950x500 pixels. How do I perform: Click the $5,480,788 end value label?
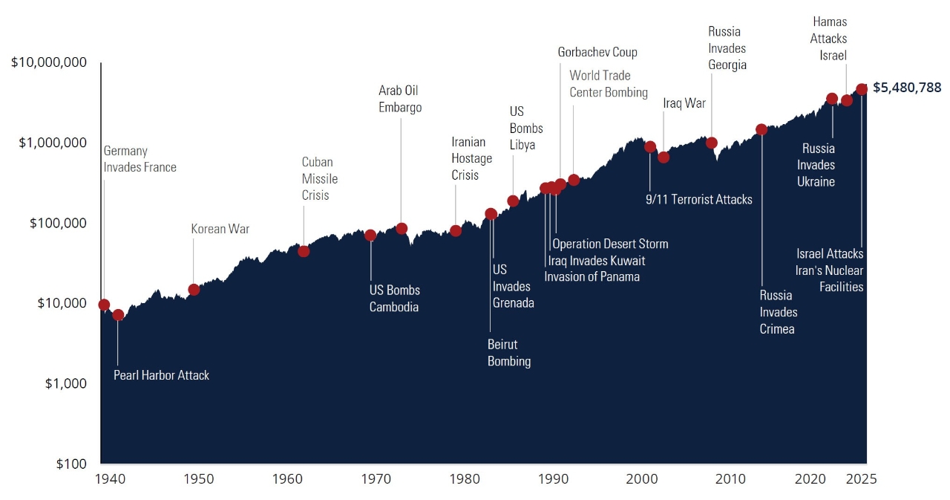(907, 88)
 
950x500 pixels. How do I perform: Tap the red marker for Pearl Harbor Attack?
(118, 315)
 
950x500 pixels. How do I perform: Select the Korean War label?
(220, 229)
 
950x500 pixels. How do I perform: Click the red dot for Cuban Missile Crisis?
(304, 251)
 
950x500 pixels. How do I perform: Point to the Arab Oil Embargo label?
(400, 99)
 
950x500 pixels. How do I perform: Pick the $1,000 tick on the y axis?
(65, 383)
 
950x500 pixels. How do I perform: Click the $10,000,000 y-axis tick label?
(49, 62)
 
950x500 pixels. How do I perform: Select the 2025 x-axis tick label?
(862, 479)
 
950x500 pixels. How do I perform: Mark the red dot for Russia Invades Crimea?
(761, 129)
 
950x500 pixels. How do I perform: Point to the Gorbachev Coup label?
(597, 52)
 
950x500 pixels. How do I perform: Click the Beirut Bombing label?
(509, 353)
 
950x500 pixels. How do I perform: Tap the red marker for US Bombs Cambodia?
(370, 236)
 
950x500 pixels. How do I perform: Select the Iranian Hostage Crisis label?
(472, 158)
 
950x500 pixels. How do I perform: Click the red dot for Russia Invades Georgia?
(711, 143)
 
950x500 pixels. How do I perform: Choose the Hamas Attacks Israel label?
(828, 39)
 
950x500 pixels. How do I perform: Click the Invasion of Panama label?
(592, 276)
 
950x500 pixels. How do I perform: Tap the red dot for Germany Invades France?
(104, 305)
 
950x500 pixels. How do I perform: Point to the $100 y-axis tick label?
(71, 464)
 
